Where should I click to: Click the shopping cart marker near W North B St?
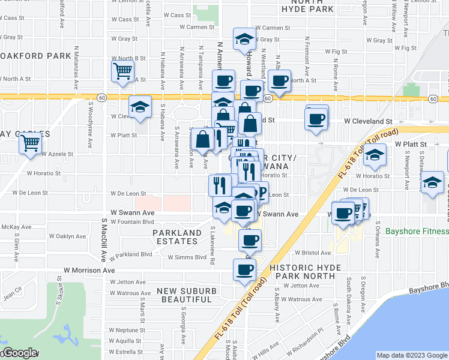(122, 71)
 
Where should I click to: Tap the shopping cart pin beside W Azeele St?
(29, 144)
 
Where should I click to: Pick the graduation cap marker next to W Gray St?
(244, 40)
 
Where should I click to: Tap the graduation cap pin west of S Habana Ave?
(140, 107)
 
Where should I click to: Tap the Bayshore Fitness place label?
(417, 232)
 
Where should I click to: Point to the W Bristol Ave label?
(313, 253)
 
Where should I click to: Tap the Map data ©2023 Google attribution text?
(412, 355)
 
